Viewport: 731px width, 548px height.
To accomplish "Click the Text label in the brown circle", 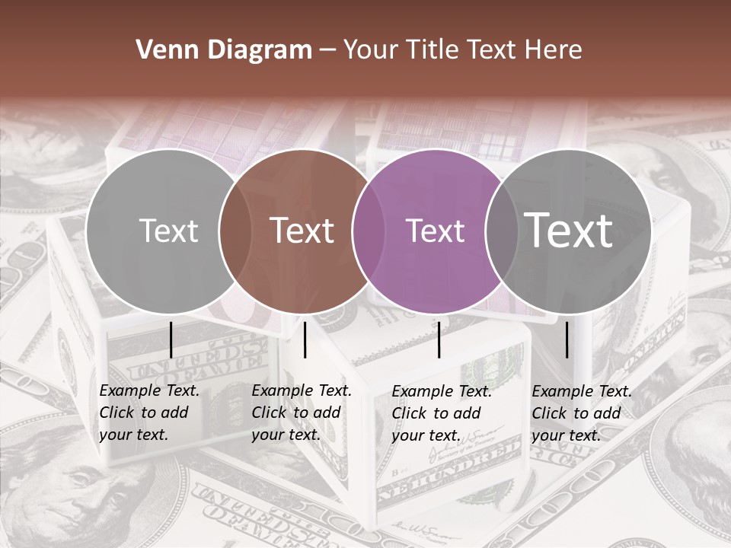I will tap(302, 231).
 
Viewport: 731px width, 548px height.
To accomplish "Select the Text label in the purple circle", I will tap(436, 231).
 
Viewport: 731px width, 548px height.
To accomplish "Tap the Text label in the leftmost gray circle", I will tap(169, 231).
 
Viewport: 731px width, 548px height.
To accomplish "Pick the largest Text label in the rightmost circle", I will tap(569, 230).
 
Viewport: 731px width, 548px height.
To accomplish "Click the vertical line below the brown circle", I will tap(305, 340).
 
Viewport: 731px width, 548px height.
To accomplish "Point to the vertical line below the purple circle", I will tap(439, 340).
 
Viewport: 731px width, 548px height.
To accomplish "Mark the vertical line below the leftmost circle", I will tap(171, 340).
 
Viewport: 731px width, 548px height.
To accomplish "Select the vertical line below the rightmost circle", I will tap(567, 340).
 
